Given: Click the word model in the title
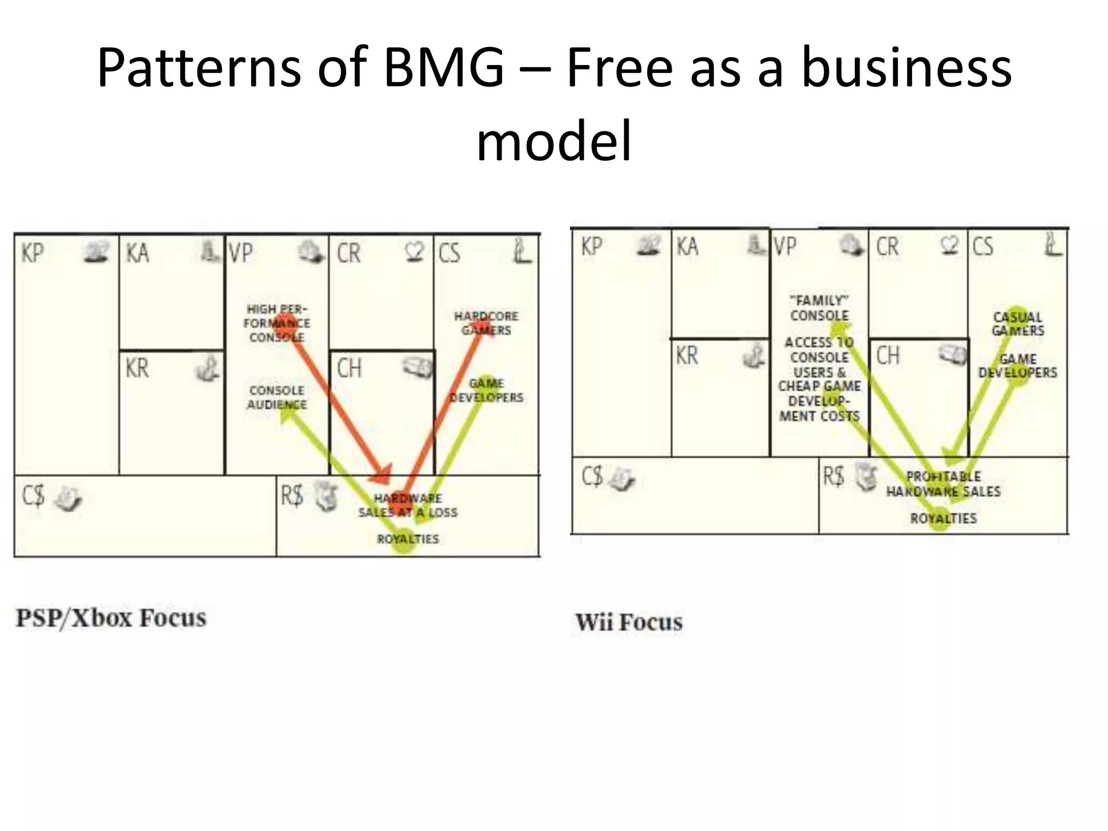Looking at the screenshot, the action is click(x=554, y=141).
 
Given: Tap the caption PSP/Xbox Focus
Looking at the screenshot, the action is click(x=111, y=618).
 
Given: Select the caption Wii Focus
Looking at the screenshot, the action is click(x=629, y=622).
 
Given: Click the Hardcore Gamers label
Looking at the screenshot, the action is click(x=486, y=323).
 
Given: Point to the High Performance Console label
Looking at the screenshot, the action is click(x=276, y=323).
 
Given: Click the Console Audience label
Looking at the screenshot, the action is click(x=276, y=397).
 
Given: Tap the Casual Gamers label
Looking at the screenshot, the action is click(x=1018, y=324).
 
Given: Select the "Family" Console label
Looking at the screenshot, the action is click(x=819, y=308).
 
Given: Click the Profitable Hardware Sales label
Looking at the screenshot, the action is click(x=943, y=484).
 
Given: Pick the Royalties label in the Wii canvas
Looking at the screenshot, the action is click(x=943, y=518).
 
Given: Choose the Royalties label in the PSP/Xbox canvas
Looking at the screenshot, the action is click(x=407, y=539).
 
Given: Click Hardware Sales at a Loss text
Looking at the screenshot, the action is click(x=407, y=505).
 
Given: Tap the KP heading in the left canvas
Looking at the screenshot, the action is click(x=32, y=253).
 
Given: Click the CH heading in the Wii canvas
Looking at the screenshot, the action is click(x=888, y=355).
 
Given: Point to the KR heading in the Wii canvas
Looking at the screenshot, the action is click(x=687, y=355).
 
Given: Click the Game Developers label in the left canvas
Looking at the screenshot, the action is click(x=486, y=390).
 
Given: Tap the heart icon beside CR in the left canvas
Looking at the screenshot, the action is click(x=415, y=251).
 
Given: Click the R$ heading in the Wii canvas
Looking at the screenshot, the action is click(x=833, y=476).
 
